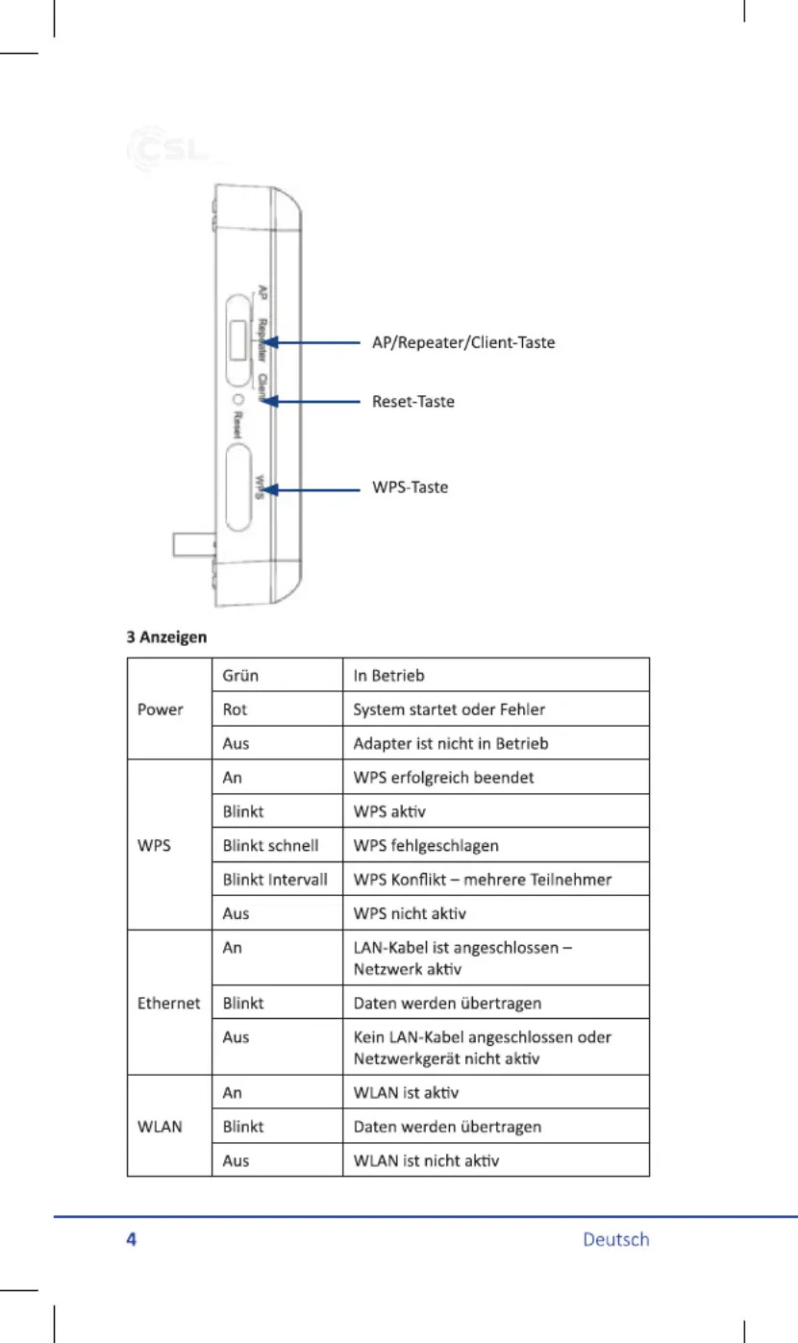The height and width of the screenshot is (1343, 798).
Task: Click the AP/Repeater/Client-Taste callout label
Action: coord(463,342)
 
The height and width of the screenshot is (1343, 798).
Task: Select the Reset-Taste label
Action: coord(413,401)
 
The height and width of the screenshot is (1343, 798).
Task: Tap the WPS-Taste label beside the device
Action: coord(411,486)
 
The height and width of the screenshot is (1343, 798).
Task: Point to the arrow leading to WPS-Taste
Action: coord(311,490)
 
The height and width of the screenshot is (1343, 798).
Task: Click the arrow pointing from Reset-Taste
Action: coord(311,401)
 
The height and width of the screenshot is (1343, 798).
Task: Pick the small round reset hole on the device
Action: coord(238,399)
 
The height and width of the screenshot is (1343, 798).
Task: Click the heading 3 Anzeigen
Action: coord(166,636)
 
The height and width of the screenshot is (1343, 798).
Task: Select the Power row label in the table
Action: coord(160,709)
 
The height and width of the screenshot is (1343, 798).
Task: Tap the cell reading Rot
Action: coord(235,709)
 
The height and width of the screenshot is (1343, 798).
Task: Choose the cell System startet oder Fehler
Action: coord(449,709)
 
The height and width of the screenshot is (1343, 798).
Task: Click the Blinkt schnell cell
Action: coord(270,845)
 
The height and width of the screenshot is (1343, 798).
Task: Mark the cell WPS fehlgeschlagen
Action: coord(426,845)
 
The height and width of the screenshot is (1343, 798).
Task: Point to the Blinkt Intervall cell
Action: coord(275,880)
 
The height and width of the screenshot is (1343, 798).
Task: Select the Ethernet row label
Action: coord(168,1003)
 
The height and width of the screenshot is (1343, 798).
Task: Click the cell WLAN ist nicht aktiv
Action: coord(426,1160)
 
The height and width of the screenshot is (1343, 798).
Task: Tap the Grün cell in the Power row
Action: coord(240,676)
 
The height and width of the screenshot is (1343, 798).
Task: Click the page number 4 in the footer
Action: coord(132,1239)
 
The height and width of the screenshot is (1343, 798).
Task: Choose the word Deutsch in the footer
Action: coord(616,1239)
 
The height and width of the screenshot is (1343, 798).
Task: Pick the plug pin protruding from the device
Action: coord(193,544)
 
